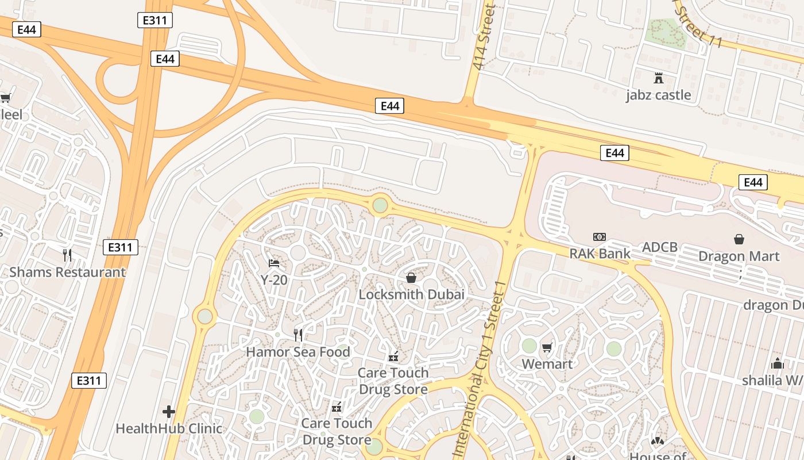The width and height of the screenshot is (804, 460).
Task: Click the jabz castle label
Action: click(658, 95)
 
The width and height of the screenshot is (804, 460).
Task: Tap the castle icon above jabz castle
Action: click(659, 78)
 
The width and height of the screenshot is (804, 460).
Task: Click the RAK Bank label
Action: click(600, 253)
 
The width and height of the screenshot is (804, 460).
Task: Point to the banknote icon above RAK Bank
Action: click(600, 237)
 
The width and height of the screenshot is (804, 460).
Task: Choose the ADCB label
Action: click(660, 247)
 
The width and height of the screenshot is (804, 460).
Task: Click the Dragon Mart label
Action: click(739, 256)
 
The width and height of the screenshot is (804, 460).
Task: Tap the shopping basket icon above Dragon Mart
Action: click(739, 239)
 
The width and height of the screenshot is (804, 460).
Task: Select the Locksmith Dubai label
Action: click(411, 294)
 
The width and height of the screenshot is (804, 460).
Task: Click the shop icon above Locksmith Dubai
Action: click(411, 278)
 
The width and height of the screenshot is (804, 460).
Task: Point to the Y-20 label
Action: click(274, 280)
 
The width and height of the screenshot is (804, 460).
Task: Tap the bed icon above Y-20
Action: click(274, 263)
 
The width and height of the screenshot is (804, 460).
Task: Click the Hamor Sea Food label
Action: click(297, 351)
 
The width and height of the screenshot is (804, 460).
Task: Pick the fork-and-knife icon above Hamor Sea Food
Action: click(297, 335)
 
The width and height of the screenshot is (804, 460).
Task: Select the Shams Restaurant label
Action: click(67, 272)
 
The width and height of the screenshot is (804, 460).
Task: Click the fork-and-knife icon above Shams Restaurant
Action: click(67, 255)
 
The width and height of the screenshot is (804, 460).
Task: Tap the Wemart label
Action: click(547, 364)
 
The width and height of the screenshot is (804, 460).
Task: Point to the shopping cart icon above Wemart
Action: click(547, 347)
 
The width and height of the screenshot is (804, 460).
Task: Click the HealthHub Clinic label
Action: click(169, 428)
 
